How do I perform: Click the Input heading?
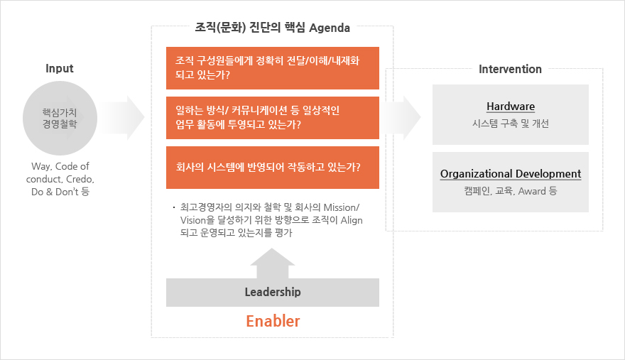pyautogui.click(x=60, y=69)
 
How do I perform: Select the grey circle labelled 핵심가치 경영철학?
pyautogui.click(x=60, y=118)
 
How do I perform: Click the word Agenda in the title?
pyautogui.click(x=330, y=28)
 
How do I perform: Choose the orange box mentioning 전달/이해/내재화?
pyautogui.click(x=273, y=68)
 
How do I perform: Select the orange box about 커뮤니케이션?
pyautogui.click(x=273, y=118)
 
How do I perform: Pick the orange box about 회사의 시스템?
pyautogui.click(x=273, y=168)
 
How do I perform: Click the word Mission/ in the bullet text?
pyautogui.click(x=341, y=207)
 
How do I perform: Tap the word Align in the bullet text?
pyautogui.click(x=352, y=220)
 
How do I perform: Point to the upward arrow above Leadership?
pyautogui.click(x=273, y=263)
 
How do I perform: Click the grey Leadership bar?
pyautogui.click(x=273, y=293)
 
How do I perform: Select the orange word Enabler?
pyautogui.click(x=273, y=322)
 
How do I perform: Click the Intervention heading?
pyautogui.click(x=510, y=70)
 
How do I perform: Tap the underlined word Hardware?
pyautogui.click(x=511, y=107)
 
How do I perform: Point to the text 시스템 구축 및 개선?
pyautogui.click(x=511, y=124)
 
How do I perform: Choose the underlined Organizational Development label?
pyautogui.click(x=511, y=174)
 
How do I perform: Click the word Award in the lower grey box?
pyautogui.click(x=532, y=191)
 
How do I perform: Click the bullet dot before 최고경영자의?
pyautogui.click(x=174, y=207)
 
